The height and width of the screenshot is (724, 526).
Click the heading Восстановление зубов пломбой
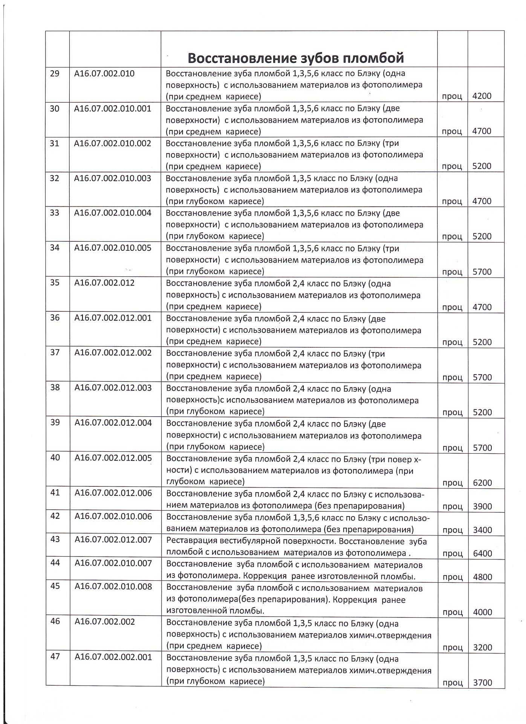(295, 58)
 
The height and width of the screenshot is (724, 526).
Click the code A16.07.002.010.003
(113, 178)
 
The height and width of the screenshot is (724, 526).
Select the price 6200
(482, 483)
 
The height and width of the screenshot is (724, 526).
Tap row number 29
(55, 73)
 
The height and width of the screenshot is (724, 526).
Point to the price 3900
(482, 506)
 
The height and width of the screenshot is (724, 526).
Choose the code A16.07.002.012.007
(113, 540)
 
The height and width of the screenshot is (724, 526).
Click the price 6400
(482, 553)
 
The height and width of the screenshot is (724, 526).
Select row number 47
(55, 657)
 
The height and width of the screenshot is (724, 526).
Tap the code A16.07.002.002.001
(113, 657)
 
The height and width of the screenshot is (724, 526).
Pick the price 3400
(482, 530)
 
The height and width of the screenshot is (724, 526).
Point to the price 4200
(482, 96)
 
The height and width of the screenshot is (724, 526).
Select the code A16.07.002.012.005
(113, 458)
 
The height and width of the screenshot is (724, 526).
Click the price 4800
(482, 577)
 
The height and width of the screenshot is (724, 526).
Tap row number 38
(55, 387)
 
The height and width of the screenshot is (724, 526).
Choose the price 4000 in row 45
(482, 612)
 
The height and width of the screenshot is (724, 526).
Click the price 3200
(482, 647)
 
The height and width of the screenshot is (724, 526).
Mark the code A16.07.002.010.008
(113, 586)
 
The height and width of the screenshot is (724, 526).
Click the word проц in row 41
(452, 506)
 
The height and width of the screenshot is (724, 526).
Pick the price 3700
(482, 683)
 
